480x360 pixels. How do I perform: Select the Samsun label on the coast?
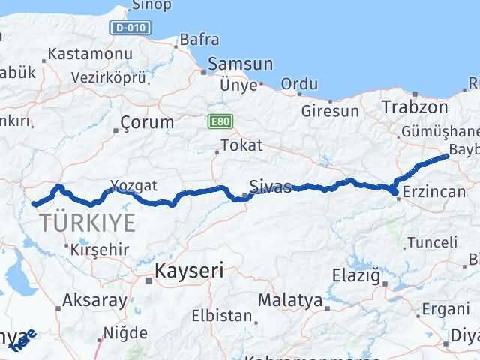point(235,64)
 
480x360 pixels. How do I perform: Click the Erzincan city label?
point(434,192)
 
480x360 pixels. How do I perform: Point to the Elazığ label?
point(357,277)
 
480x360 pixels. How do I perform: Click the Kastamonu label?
point(90,54)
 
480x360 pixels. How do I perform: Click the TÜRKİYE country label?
point(88,222)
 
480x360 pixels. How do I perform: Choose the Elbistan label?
point(221,316)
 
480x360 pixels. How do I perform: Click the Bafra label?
point(200,40)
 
